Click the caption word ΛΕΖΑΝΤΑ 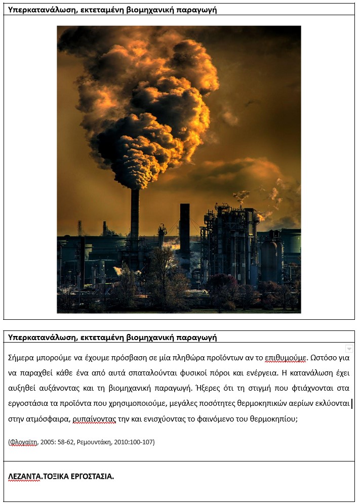(24, 476)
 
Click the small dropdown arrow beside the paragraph (349, 349)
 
